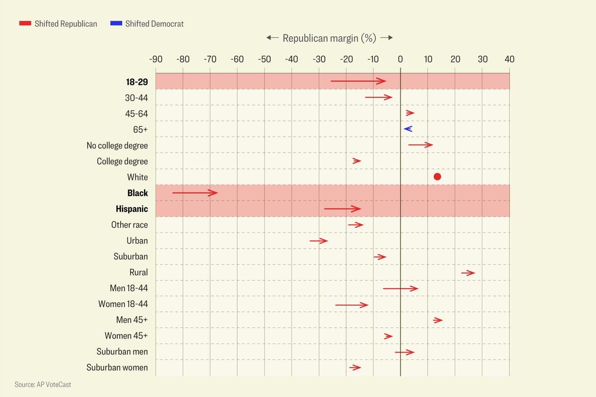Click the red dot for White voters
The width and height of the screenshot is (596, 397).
(x=437, y=177)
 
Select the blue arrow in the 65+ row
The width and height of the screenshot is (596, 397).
(x=408, y=129)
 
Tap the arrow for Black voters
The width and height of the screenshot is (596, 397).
(x=195, y=193)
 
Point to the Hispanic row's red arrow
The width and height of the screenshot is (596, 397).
(x=342, y=209)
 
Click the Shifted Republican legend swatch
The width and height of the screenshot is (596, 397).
(x=25, y=23)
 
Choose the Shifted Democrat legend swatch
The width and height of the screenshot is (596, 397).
(x=116, y=23)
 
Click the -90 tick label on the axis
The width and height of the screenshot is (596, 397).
(x=156, y=60)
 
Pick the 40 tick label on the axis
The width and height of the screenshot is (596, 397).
(x=509, y=60)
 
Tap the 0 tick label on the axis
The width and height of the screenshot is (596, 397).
(x=400, y=60)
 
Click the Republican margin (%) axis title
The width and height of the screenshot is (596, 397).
(x=329, y=38)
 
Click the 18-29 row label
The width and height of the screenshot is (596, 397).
(x=137, y=82)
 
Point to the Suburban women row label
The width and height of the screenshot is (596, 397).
(x=117, y=368)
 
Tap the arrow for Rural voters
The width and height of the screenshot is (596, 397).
(x=468, y=273)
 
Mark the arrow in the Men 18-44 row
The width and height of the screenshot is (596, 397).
(x=400, y=288)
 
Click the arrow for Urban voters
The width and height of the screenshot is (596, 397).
(x=318, y=241)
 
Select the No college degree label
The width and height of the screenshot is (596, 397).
(x=117, y=145)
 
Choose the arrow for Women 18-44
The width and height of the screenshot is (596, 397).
(x=352, y=305)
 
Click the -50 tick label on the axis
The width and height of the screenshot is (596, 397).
(x=264, y=60)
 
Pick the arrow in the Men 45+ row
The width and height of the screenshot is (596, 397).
(x=438, y=320)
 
